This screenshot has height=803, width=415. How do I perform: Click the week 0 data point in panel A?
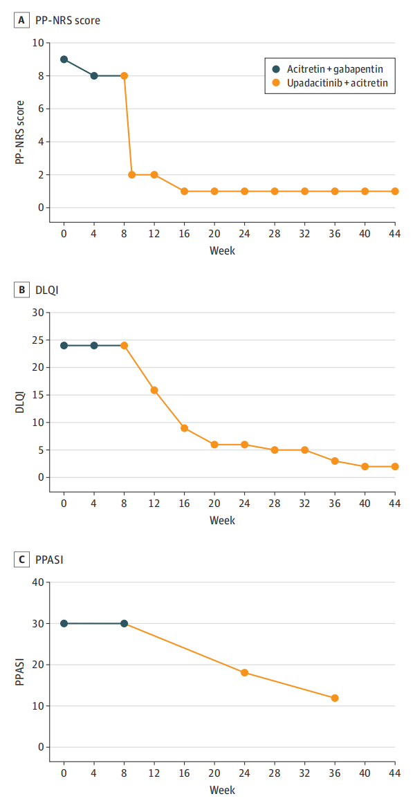(64, 59)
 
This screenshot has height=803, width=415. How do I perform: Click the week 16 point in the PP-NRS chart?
(185, 191)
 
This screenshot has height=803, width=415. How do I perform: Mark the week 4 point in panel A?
(94, 75)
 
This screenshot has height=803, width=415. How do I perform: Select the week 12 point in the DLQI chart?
(154, 390)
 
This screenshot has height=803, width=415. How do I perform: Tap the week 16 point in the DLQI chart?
(185, 428)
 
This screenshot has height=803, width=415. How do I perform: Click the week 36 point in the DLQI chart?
(335, 461)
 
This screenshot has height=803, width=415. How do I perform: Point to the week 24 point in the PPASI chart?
(244, 672)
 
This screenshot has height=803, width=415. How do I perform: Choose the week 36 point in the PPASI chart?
(335, 698)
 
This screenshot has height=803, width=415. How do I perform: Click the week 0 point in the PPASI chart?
(64, 623)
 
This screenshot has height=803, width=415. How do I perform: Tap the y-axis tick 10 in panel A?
(37, 43)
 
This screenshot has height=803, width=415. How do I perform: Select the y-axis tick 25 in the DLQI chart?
(37, 340)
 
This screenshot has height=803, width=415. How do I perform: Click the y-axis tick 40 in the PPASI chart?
(37, 582)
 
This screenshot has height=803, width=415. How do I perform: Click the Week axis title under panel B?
(222, 520)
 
